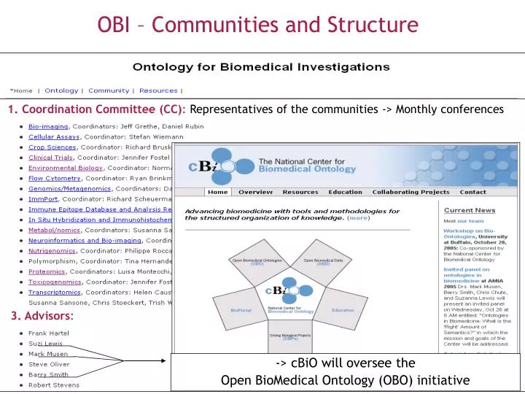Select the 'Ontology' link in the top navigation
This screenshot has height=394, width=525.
tap(61, 90)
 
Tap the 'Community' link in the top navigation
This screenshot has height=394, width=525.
tap(109, 90)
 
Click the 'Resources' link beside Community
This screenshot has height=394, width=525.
tap(157, 90)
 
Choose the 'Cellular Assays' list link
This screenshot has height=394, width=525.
tap(55, 136)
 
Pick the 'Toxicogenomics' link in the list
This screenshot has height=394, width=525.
tap(55, 281)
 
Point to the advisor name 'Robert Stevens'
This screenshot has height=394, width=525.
tap(54, 384)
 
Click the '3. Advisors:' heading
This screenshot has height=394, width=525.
tap(42, 317)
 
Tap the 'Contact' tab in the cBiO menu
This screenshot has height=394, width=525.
tap(472, 192)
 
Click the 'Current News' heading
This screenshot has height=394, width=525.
tap(470, 209)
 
